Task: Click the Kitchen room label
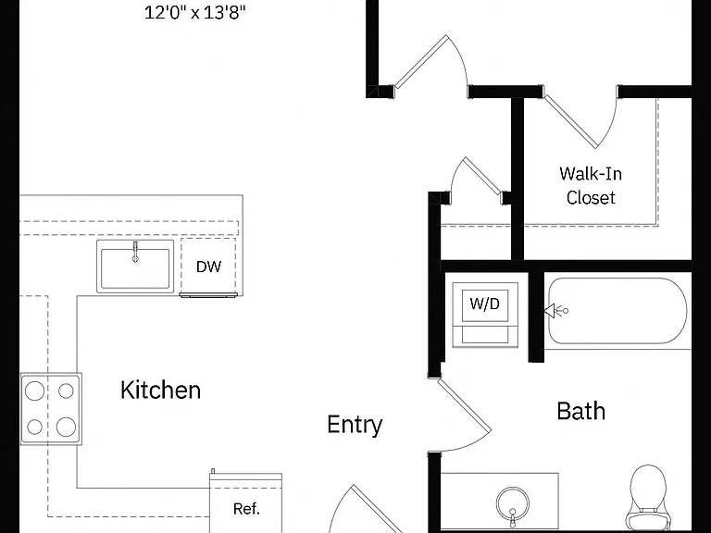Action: coord(160,390)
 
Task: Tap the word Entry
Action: coord(355,425)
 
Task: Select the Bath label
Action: coord(580,411)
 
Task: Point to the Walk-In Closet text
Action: coord(591,186)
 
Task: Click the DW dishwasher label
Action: coord(208,266)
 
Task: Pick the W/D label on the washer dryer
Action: coord(485,304)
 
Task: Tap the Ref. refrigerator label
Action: coord(246,509)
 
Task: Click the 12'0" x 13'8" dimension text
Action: coord(195,13)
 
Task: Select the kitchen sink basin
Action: coord(135,267)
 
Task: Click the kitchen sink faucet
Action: coord(135,252)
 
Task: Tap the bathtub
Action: coord(617,311)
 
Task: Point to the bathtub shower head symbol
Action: coord(555,311)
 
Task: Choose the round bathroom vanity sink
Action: coord(512,504)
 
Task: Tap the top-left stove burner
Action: coord(34,390)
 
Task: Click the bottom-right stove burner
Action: coord(67,427)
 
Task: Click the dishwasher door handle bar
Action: coord(208,295)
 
